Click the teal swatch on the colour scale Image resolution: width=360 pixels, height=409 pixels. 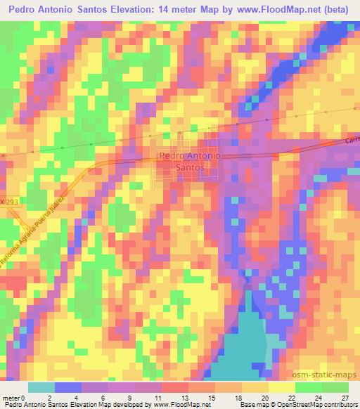[x=41, y=387]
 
